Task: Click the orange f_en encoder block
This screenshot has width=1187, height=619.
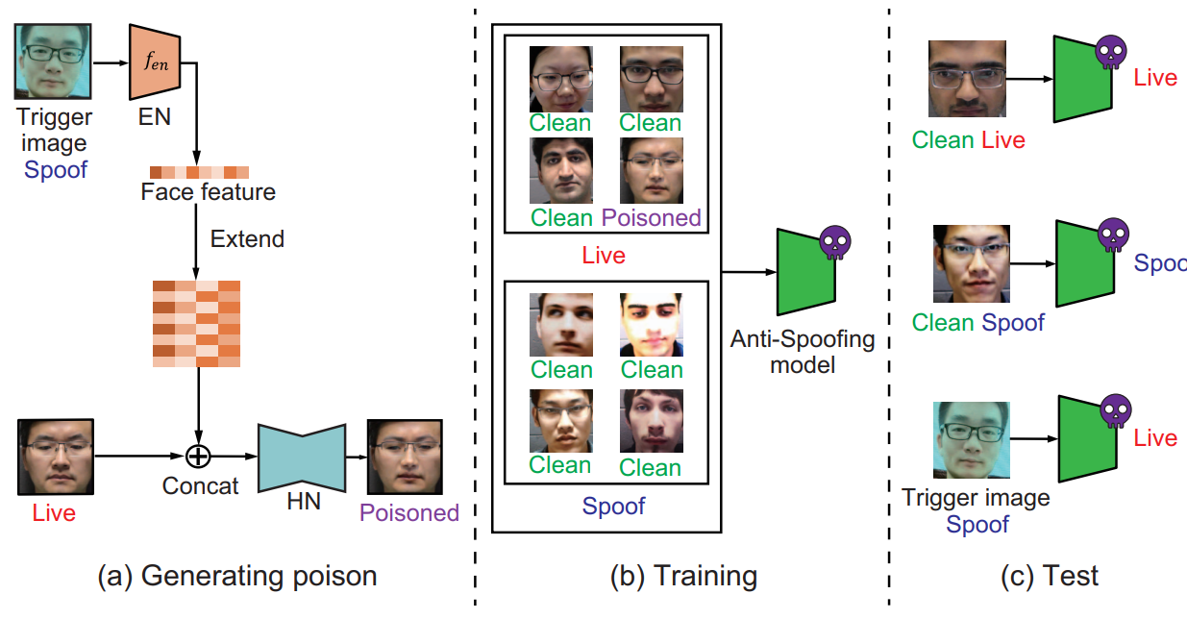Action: point(149,64)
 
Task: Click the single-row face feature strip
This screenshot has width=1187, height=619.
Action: point(199,172)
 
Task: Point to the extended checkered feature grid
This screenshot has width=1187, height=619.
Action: point(196,323)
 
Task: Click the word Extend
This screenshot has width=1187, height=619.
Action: point(247,238)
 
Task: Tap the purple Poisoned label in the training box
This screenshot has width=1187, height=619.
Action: point(652,218)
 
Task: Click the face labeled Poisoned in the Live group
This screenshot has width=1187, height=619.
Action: point(652,170)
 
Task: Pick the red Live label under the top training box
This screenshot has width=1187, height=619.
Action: point(604,255)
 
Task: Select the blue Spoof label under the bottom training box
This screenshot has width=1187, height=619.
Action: point(613,505)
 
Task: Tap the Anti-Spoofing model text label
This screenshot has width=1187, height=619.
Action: point(803,352)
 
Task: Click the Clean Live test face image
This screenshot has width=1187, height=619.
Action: point(967,79)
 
